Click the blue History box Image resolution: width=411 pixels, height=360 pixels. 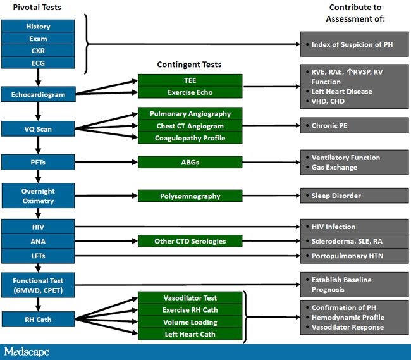coord(39,27)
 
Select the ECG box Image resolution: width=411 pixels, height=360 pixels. coord(39,62)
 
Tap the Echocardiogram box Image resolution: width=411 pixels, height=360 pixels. coord(39,95)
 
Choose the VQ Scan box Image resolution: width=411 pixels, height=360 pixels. coord(39,129)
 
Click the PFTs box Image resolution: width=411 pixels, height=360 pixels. coord(39,162)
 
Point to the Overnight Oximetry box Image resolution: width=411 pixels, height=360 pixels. coord(39,196)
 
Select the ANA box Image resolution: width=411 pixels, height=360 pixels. coord(39,241)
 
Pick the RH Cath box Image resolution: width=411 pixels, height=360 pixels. coord(39,319)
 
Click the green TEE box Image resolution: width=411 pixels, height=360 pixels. coord(190,80)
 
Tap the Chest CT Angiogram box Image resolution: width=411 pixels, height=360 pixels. coord(190,126)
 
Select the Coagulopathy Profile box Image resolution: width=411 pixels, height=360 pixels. coord(190,138)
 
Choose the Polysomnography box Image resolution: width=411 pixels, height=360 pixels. coord(190,196)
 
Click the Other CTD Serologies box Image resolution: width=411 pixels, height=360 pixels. coord(190,241)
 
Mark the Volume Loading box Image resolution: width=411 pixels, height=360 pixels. coord(190,321)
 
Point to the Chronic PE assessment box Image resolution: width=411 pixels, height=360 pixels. coord(354,126)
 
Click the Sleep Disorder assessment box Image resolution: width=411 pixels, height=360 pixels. coord(354,196)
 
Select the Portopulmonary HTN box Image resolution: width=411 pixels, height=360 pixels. coord(354,255)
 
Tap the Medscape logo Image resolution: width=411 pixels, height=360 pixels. coord(27,352)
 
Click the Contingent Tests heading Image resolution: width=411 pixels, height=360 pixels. coord(189,65)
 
